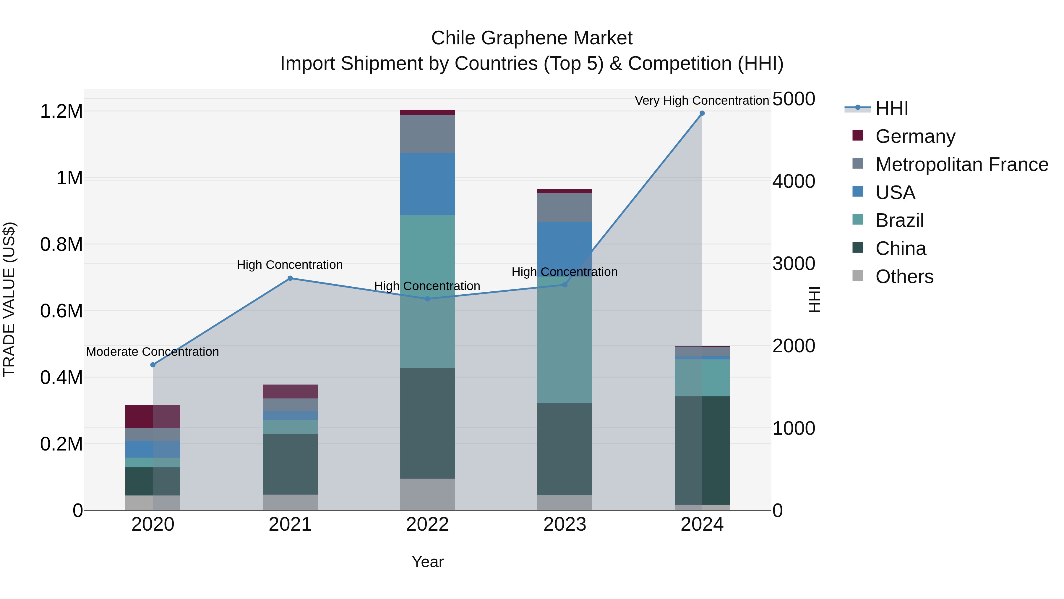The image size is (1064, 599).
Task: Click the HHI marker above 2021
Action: pyautogui.click(x=290, y=278)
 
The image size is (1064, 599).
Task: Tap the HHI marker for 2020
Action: pyautogui.click(x=153, y=365)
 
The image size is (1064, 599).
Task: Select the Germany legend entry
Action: pyautogui.click(x=915, y=136)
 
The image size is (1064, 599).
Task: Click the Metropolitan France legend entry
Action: pyautogui.click(x=961, y=164)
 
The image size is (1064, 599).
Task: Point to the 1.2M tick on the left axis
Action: pyautogui.click(x=61, y=112)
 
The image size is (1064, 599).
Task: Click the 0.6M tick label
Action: pyautogui.click(x=61, y=311)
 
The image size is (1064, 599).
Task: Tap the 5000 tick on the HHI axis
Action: pyautogui.click(x=794, y=99)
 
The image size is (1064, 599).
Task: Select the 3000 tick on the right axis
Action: pyautogui.click(x=794, y=264)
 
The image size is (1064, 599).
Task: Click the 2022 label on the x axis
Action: pyautogui.click(x=427, y=524)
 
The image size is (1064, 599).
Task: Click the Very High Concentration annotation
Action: pyautogui.click(x=701, y=101)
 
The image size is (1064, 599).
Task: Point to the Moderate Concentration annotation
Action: pyautogui.click(x=153, y=352)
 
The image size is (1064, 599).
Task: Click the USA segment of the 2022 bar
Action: pyautogui.click(x=427, y=184)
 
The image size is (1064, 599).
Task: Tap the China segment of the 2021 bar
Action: pyautogui.click(x=290, y=464)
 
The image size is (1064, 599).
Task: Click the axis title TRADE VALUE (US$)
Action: pyautogui.click(x=9, y=299)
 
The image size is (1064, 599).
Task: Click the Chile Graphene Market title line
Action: pyautogui.click(x=532, y=38)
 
